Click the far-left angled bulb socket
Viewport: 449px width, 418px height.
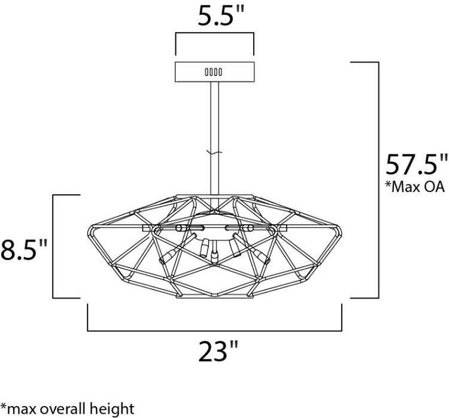pyautogui.click(x=169, y=257)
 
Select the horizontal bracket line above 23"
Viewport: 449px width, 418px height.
pyautogui.click(x=214, y=330)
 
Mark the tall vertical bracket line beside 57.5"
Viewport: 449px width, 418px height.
pyautogui.click(x=379, y=179)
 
